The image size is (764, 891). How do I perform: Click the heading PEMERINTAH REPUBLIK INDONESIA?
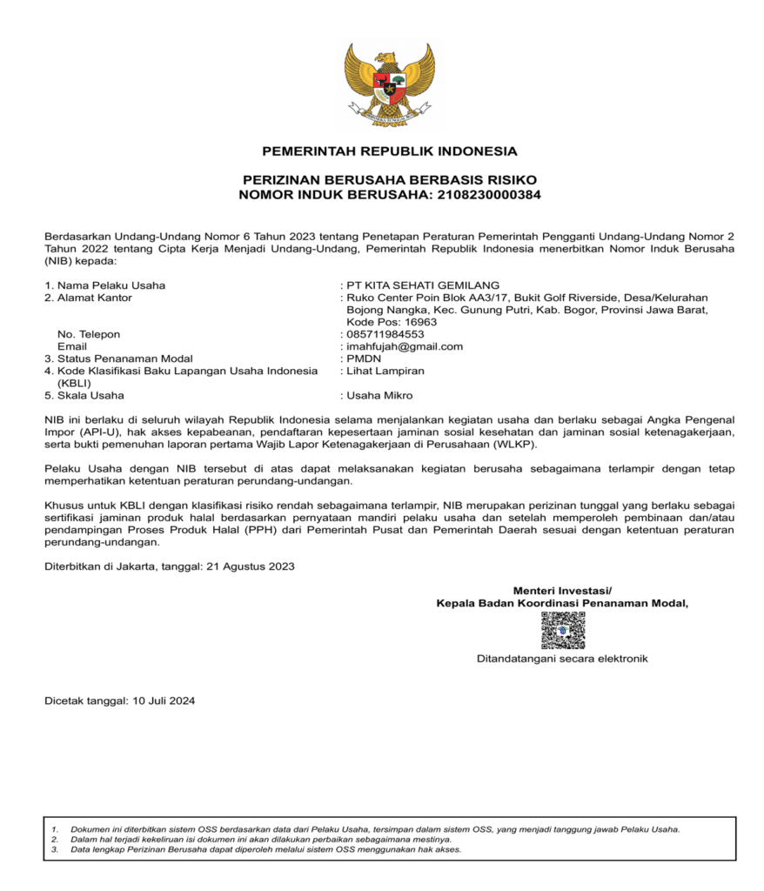(389, 151)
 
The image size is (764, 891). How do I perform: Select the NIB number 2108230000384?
(486, 195)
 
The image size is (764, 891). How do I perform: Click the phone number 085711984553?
(385, 334)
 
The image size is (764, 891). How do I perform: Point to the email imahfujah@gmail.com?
(405, 346)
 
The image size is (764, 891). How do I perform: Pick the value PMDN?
(364, 358)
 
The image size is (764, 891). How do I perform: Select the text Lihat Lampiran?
(385, 371)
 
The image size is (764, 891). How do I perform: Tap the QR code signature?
(562, 631)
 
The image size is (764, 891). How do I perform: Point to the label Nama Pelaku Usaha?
(111, 285)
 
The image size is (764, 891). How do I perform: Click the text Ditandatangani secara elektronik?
(562, 659)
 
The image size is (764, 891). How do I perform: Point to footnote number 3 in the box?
(54, 849)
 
